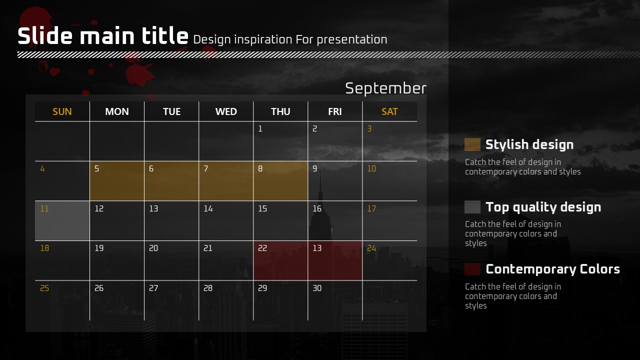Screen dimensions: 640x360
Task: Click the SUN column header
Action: pyautogui.click(x=62, y=111)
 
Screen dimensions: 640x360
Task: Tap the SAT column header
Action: pyautogui.click(x=389, y=111)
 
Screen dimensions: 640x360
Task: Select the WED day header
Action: pyautogui.click(x=226, y=111)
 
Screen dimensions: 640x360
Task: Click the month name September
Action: pyautogui.click(x=385, y=88)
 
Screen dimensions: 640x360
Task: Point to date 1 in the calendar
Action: pyautogui.click(x=260, y=128)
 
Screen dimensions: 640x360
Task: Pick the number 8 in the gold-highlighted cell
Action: pyautogui.click(x=260, y=168)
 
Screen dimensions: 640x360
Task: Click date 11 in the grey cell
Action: pyautogui.click(x=44, y=208)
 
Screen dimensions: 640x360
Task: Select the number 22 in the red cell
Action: pyautogui.click(x=262, y=248)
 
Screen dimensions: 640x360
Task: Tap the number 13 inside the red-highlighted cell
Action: pyautogui.click(x=317, y=248)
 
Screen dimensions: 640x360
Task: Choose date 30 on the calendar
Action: pyautogui.click(x=317, y=288)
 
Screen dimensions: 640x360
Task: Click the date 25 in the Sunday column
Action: pyautogui.click(x=44, y=288)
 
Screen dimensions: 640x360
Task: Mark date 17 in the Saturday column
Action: pyautogui.click(x=371, y=208)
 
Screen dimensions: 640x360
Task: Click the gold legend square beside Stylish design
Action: pyautogui.click(x=472, y=144)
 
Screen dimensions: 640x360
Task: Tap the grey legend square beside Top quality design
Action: pyautogui.click(x=472, y=207)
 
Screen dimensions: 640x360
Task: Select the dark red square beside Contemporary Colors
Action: pyautogui.click(x=472, y=269)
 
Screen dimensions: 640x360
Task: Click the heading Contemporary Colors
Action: pyautogui.click(x=553, y=269)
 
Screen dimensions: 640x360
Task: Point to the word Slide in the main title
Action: pyautogui.click(x=45, y=35)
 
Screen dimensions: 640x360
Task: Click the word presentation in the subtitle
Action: pyautogui.click(x=352, y=40)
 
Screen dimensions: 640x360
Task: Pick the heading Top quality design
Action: pyautogui.click(x=543, y=207)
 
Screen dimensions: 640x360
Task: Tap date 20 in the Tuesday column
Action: pyautogui.click(x=153, y=248)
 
